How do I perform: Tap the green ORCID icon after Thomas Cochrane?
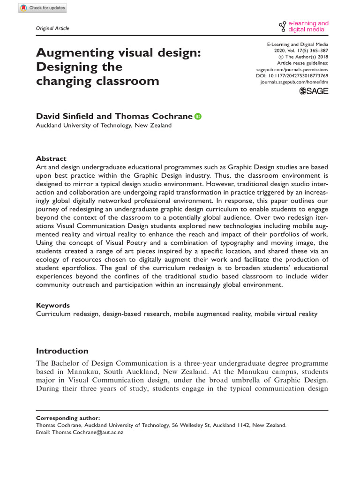[197, 117]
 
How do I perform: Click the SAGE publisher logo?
[314, 91]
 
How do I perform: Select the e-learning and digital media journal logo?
[304, 26]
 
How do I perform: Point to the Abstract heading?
[51, 158]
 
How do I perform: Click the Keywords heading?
[53, 305]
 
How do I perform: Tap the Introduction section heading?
[62, 351]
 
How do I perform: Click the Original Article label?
[52, 29]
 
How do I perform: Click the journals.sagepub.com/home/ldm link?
[294, 82]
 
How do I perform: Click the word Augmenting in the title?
[75, 52]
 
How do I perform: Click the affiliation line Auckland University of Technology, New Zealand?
[104, 126]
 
